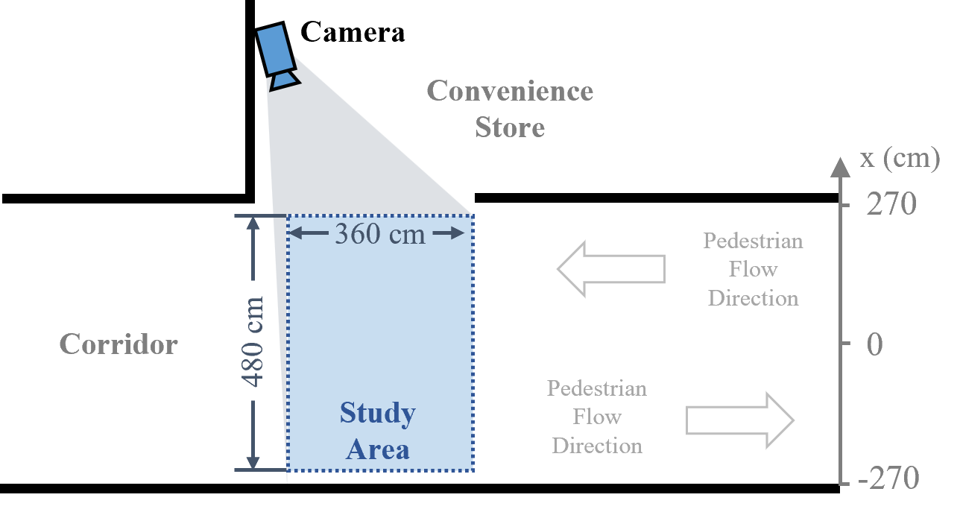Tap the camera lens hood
(x=284, y=79)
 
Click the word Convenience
(x=510, y=91)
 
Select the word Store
(x=510, y=127)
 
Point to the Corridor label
(x=119, y=344)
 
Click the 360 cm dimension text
(x=379, y=234)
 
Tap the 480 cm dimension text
(x=253, y=341)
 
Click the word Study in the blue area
(x=377, y=413)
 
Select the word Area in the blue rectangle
(x=377, y=450)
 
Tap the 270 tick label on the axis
(x=891, y=204)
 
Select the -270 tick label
(x=888, y=478)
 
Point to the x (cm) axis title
(x=899, y=159)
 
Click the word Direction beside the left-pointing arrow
(x=753, y=298)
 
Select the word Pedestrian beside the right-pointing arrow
(x=596, y=388)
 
